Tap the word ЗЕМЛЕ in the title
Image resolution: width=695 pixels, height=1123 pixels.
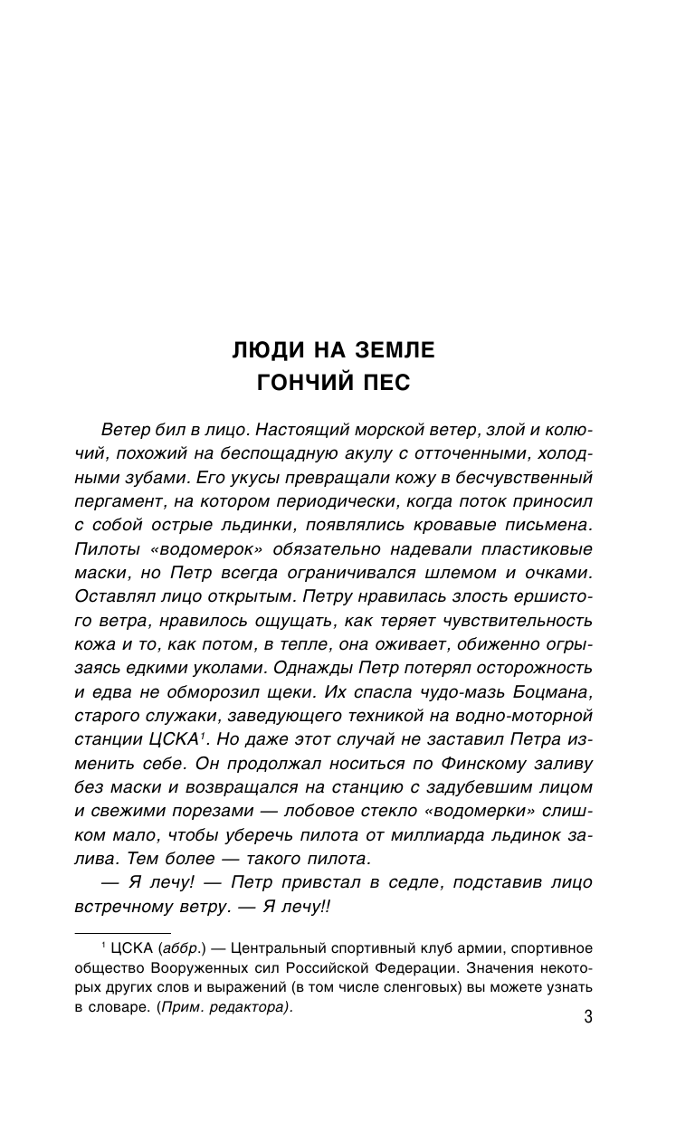(x=395, y=348)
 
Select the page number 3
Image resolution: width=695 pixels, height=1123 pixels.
(x=587, y=1017)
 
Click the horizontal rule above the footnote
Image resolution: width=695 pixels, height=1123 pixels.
(x=122, y=931)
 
